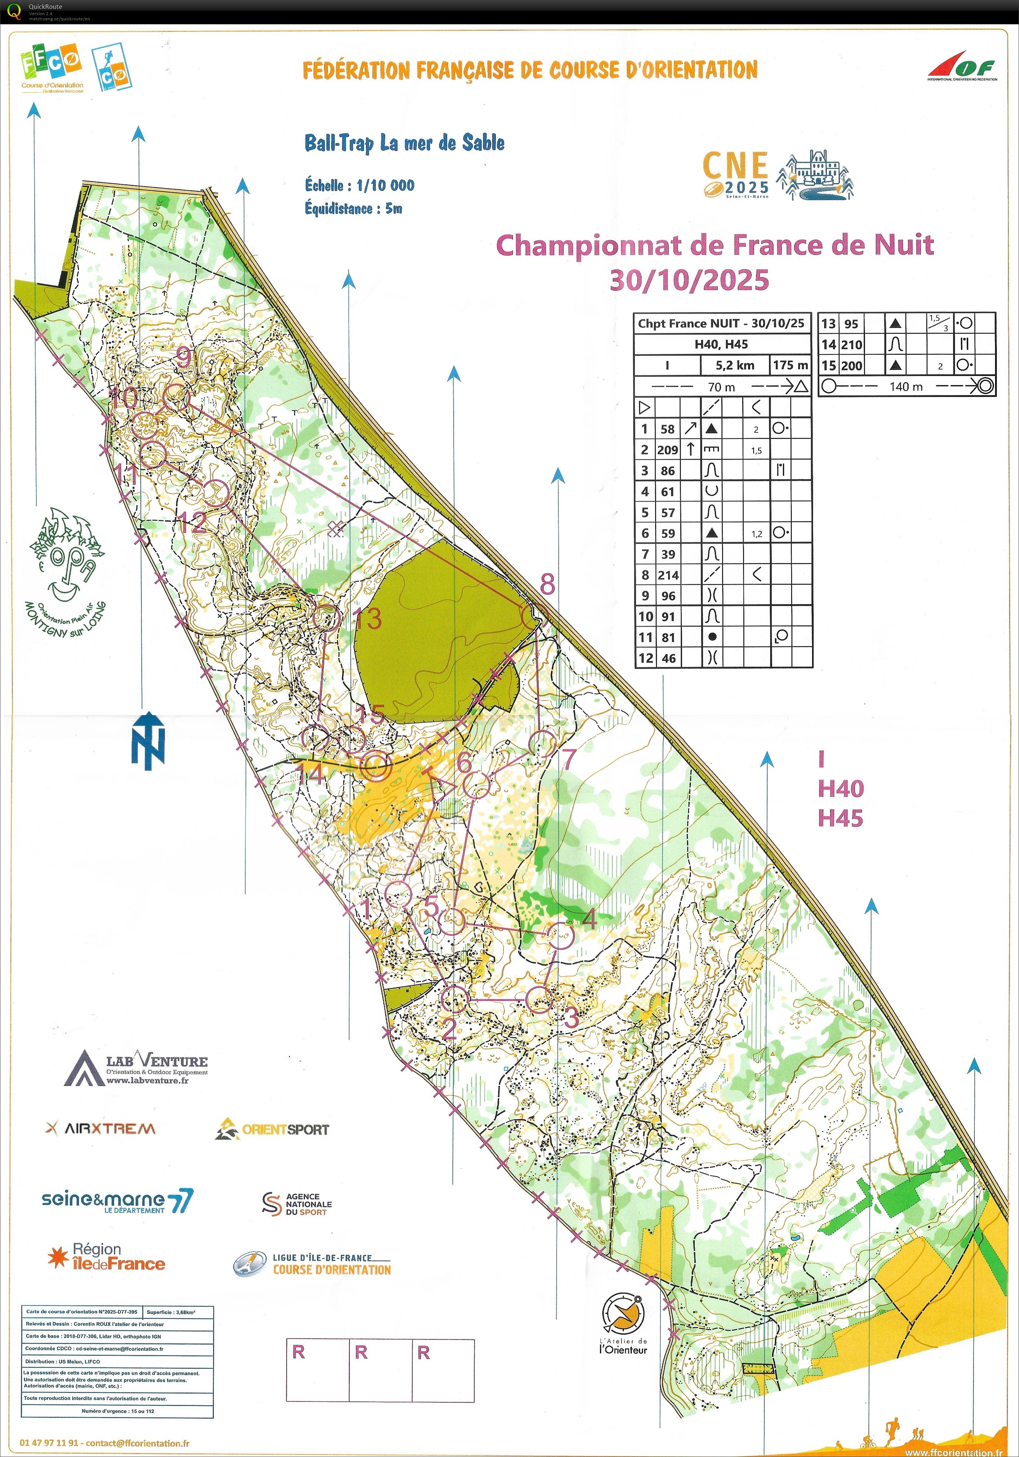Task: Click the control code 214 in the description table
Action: (668, 575)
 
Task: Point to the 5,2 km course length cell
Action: (735, 365)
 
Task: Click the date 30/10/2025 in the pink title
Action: (689, 280)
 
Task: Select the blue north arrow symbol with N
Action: (148, 741)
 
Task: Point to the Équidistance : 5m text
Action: (353, 208)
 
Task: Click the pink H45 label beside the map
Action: (840, 819)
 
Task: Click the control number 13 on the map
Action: (368, 619)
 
